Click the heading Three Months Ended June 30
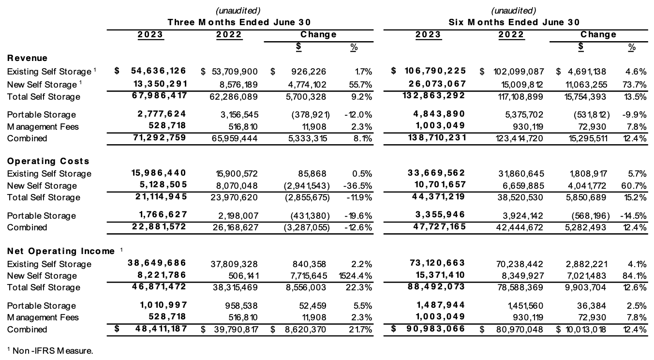coord(239,22)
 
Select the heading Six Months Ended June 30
coord(514,22)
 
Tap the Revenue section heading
coord(27,58)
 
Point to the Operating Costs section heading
coord(48,161)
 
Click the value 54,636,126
coord(159,71)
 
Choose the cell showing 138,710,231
coord(434,137)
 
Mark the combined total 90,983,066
coord(434,329)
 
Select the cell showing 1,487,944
coord(438,305)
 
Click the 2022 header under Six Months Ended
coord(511,34)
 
